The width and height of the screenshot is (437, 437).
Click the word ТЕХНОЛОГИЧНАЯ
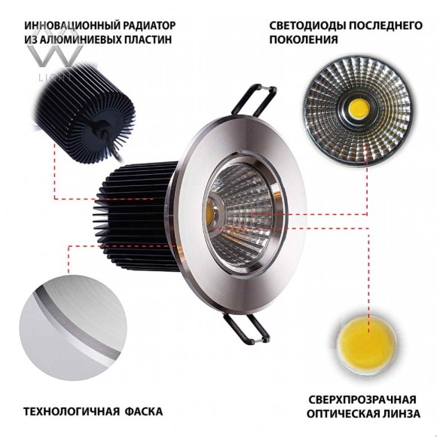pos(70,412)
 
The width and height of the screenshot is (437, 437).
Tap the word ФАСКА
pos(143,412)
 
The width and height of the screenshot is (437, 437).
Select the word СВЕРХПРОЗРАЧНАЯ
pos(362,399)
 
